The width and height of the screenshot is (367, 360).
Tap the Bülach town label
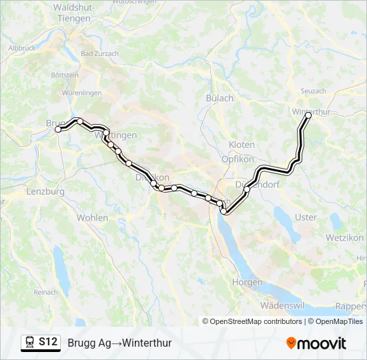pos(221,98)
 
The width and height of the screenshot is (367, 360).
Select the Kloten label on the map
pos(242,145)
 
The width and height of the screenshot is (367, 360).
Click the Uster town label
pos(306,217)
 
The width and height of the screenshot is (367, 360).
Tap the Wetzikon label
pos(344,237)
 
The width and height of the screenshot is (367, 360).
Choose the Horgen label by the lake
pos(247,282)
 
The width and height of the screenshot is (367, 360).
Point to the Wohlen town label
pos(92,217)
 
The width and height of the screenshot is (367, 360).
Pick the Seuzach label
pos(313,91)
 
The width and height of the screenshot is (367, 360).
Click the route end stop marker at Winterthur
pos(308,115)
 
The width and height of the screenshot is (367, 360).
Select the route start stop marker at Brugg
pos(58,129)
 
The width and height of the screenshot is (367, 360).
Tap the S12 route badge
pos(48,342)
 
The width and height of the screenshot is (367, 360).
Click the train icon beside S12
pos(30,342)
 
